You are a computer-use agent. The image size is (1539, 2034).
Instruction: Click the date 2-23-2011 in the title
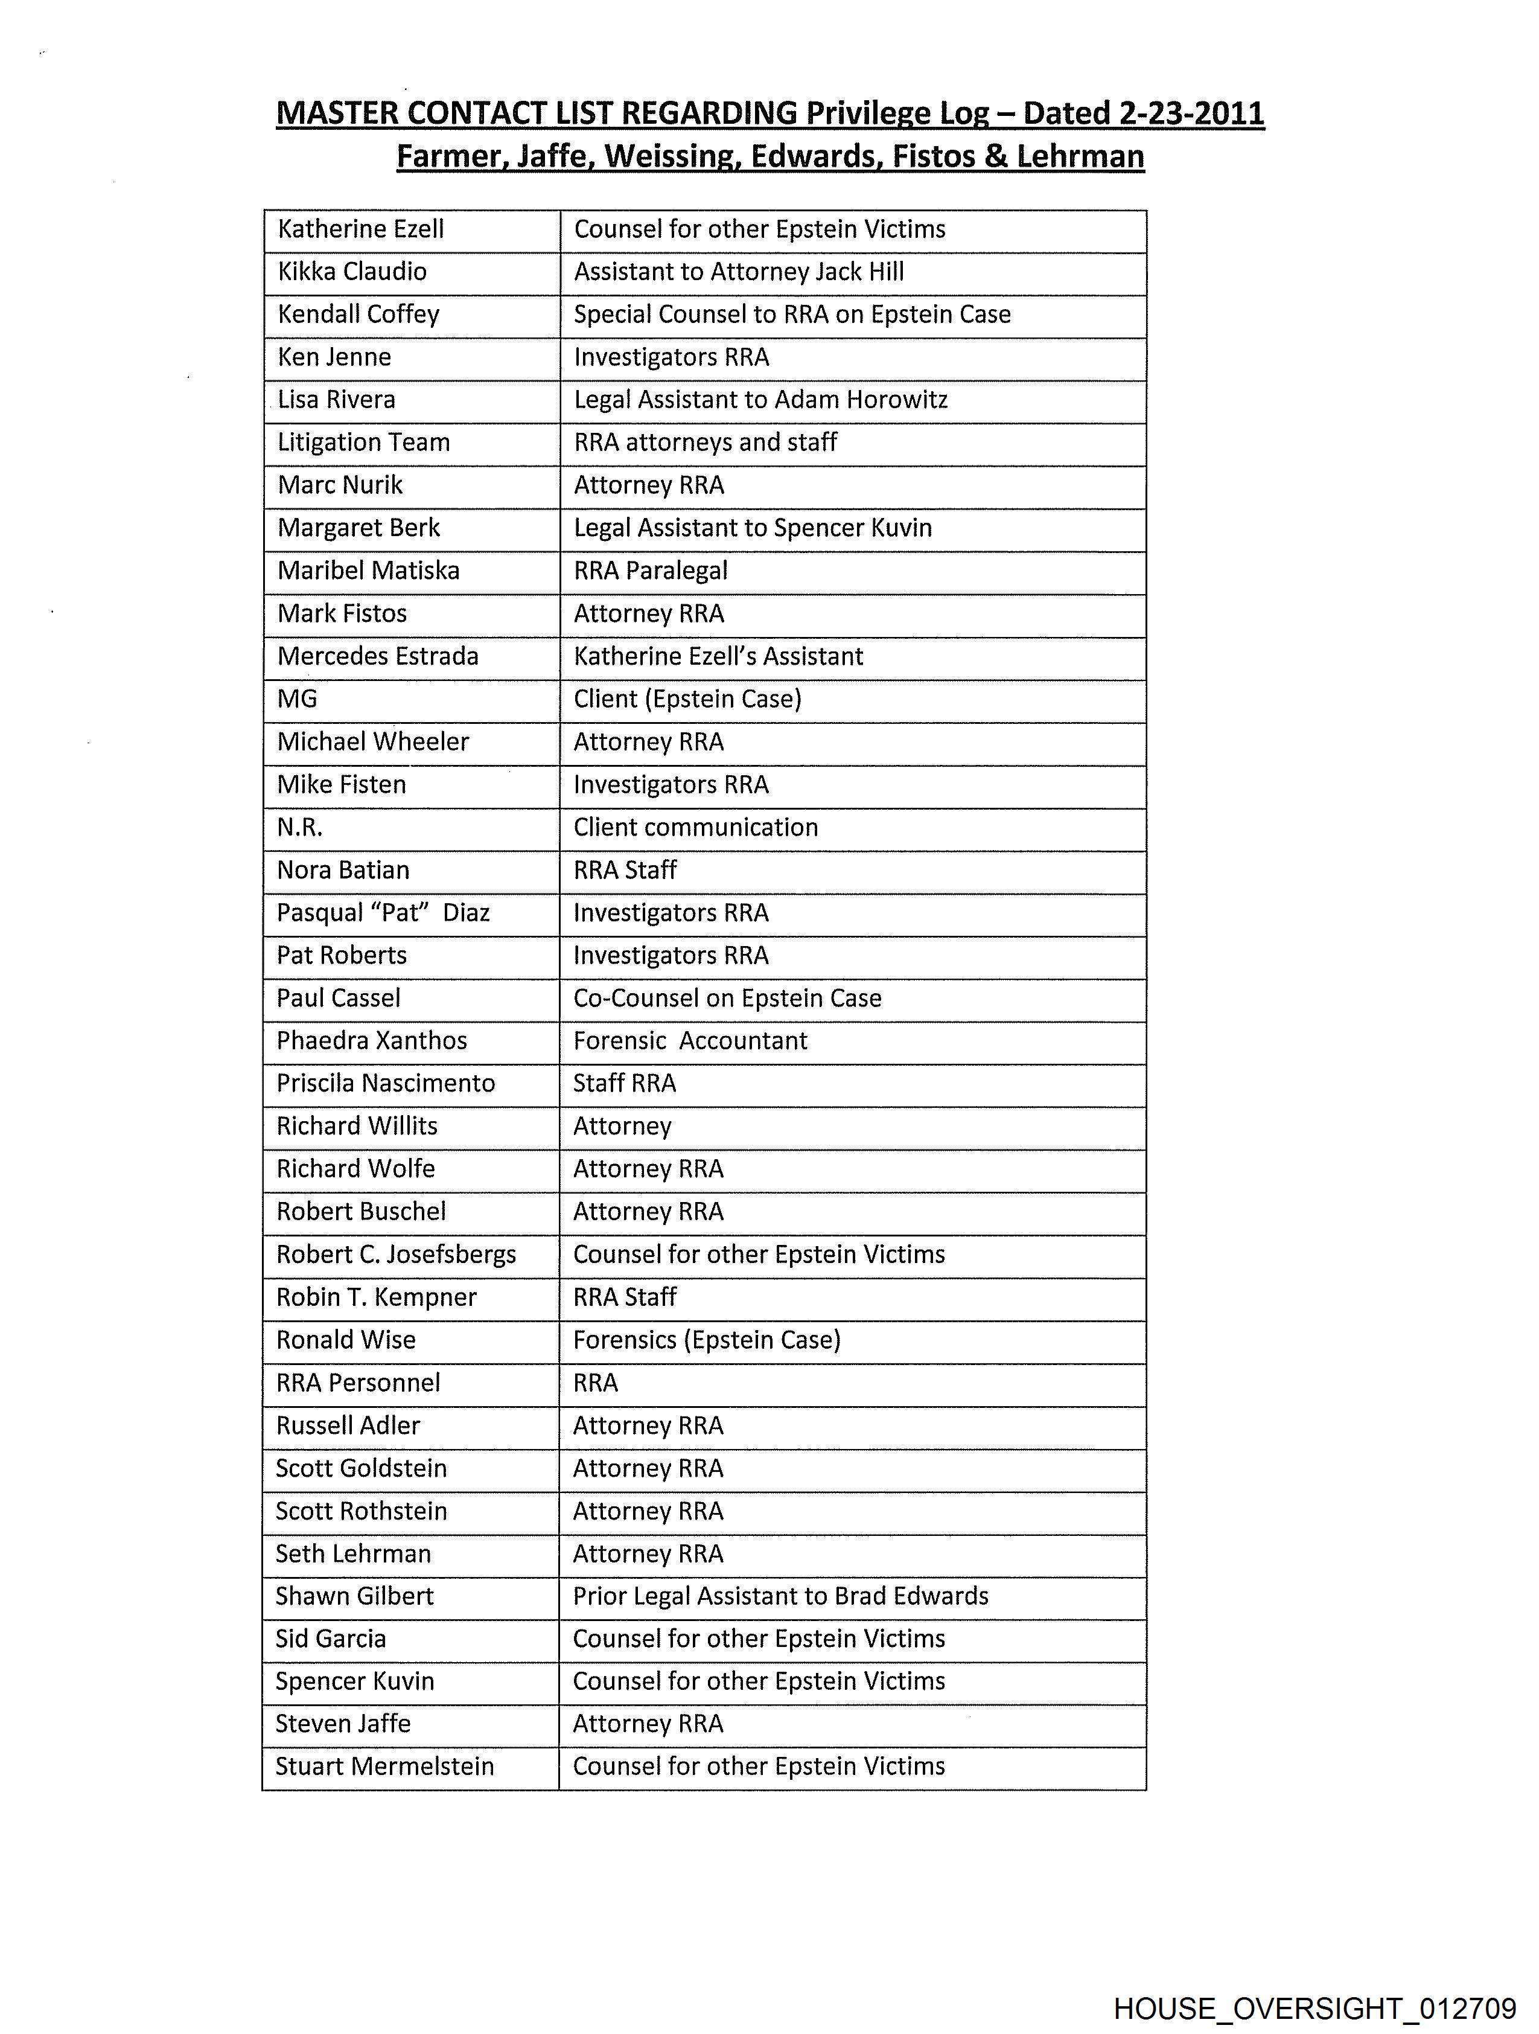point(1191,113)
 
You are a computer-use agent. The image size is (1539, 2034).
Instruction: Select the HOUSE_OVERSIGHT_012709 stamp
point(1314,2007)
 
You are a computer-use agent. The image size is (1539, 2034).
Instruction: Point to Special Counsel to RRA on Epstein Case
point(792,315)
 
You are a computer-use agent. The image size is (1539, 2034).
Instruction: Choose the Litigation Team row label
point(363,443)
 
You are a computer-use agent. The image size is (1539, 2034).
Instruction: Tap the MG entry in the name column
point(297,699)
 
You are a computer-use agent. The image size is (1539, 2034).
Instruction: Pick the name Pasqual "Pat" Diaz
point(383,913)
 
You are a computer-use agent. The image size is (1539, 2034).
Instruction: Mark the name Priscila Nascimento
point(385,1083)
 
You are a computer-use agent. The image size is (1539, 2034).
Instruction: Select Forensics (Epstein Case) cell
point(706,1340)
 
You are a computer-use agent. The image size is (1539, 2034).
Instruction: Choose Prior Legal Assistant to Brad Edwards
point(780,1596)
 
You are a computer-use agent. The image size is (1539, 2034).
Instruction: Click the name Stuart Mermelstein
point(384,1767)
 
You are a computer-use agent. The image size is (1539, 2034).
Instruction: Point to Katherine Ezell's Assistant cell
point(718,656)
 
